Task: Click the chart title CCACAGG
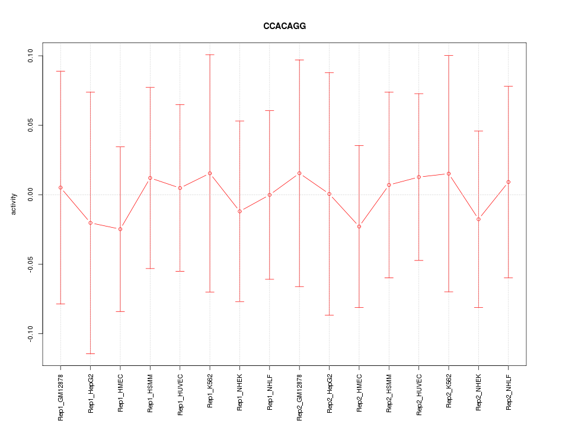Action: pos(284,27)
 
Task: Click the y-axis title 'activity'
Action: pos(14,204)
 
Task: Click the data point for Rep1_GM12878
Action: pos(60,187)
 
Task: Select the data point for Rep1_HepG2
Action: pos(90,222)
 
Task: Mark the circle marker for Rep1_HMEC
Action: pos(120,229)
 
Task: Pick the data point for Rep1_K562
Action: pos(210,173)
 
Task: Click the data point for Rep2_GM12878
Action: pos(299,173)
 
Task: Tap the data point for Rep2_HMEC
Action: pos(359,227)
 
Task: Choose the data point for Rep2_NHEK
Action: pos(478,219)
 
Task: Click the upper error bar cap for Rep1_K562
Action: pos(210,55)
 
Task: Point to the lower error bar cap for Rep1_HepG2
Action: pos(90,353)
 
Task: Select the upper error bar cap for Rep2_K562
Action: pos(449,55)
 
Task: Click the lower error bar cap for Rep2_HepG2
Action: pos(329,315)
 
